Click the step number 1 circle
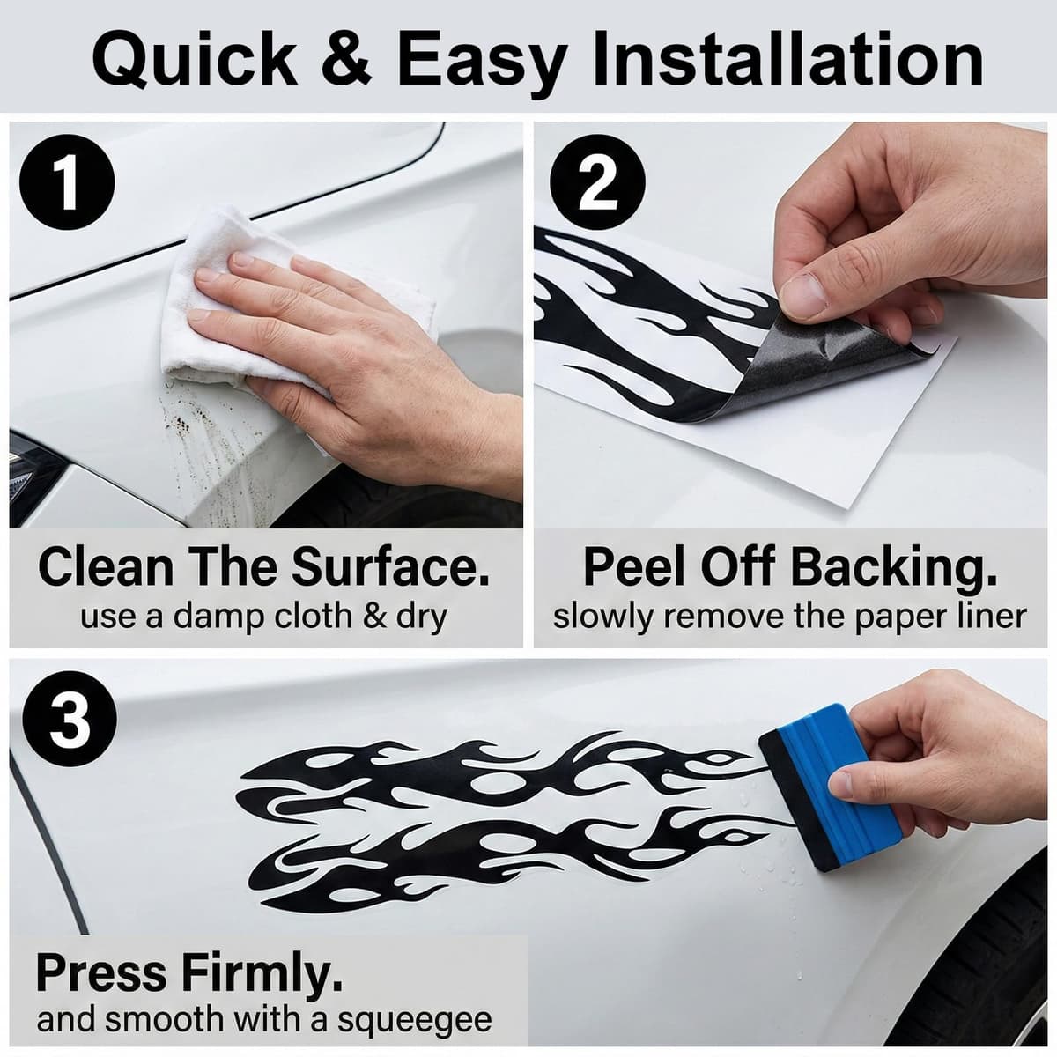[x=67, y=181]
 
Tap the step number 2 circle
[x=598, y=181]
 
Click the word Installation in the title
[x=788, y=59]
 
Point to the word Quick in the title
[x=195, y=59]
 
